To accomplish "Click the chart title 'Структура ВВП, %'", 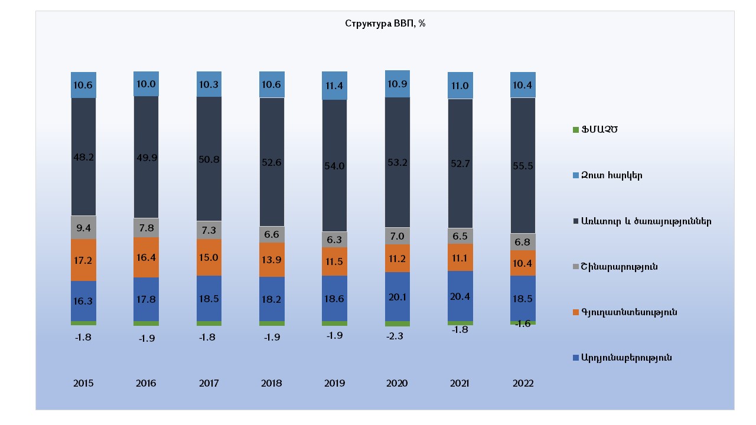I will [385, 24].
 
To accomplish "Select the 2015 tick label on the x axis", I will [83, 383].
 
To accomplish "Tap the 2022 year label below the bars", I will [523, 383].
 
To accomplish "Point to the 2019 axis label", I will [334, 383].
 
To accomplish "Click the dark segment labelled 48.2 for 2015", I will [83, 157].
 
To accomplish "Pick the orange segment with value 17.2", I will [83, 260].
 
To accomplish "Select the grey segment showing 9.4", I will [83, 227].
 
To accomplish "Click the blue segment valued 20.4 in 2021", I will [460, 296].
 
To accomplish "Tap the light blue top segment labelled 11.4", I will [334, 86].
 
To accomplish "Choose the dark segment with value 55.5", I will [523, 166].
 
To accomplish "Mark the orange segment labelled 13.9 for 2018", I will [272, 260].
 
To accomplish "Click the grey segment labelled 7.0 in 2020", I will [397, 236].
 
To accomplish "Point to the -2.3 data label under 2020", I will [397, 336].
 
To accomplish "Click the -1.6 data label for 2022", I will [523, 323].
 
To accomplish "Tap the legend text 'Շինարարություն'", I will [619, 267].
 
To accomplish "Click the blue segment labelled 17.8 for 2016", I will [146, 299].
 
